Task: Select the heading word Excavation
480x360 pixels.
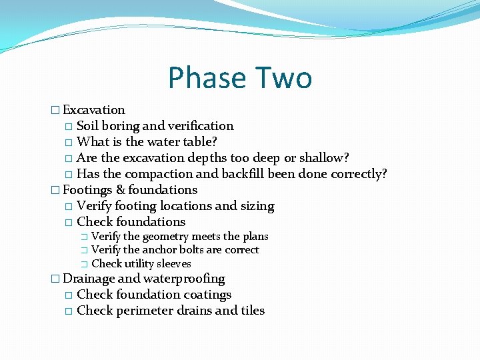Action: [x=94, y=110]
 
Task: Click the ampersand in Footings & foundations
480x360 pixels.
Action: [x=120, y=190]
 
